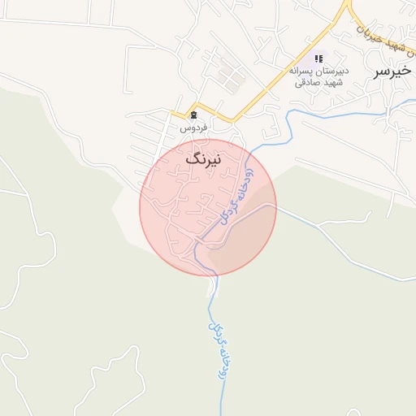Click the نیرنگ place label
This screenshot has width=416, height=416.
203,158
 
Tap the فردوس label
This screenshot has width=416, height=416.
193,128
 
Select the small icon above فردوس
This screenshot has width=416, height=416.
193,115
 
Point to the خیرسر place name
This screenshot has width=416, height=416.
392,71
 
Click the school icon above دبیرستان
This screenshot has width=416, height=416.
318,58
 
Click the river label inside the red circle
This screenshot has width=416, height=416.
236,196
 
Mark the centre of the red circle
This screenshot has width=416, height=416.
208,207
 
